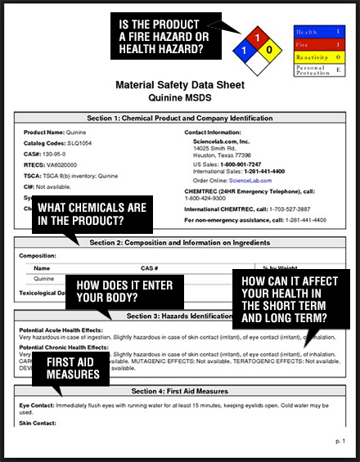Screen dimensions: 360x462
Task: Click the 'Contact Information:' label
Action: click(x=211, y=132)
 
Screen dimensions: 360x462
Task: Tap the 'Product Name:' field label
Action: click(x=44, y=132)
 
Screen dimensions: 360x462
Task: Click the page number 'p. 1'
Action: click(x=340, y=441)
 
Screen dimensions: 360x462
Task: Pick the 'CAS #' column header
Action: click(x=149, y=267)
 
